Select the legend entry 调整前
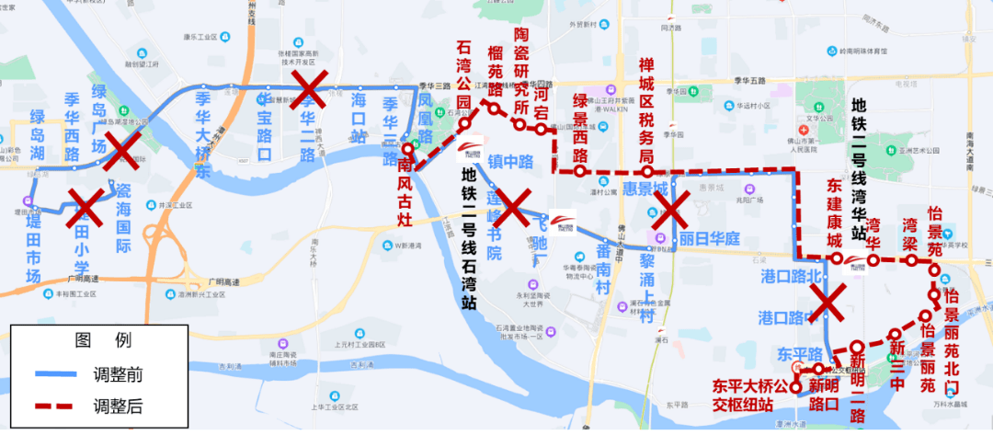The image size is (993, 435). pyautogui.click(x=117, y=374)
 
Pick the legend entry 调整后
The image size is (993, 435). pyautogui.click(x=117, y=405)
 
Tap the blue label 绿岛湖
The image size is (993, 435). pyautogui.click(x=38, y=135)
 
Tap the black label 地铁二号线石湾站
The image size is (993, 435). pyautogui.click(x=468, y=235)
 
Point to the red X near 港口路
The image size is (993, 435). pyautogui.click(x=827, y=303)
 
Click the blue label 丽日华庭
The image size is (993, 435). pyautogui.click(x=710, y=238)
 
